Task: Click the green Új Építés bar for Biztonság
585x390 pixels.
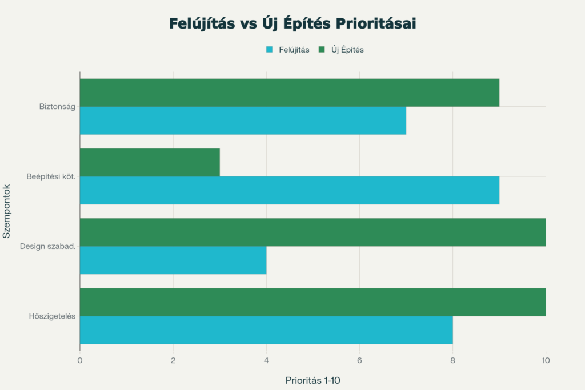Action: (289, 93)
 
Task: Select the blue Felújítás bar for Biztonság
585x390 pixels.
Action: (243, 120)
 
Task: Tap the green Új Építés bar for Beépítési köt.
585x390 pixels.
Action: (150, 162)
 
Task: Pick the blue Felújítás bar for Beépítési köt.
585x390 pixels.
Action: (289, 190)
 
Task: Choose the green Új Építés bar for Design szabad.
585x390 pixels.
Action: (312, 232)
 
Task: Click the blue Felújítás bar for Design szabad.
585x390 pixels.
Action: (173, 260)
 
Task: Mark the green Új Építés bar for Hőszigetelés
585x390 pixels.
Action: (312, 302)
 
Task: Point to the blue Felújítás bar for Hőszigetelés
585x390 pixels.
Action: (266, 330)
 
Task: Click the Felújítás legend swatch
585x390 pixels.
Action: (270, 50)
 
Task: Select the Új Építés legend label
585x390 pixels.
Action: (347, 50)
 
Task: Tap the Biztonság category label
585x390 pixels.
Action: (57, 106)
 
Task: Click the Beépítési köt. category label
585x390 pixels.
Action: (51, 176)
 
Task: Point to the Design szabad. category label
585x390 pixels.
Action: (47, 246)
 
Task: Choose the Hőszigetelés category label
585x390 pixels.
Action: (52, 316)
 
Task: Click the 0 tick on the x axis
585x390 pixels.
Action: (80, 360)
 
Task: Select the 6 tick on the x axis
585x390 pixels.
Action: (359, 360)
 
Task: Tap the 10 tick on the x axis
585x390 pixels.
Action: (546, 360)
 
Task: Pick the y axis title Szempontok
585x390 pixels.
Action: (7, 210)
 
